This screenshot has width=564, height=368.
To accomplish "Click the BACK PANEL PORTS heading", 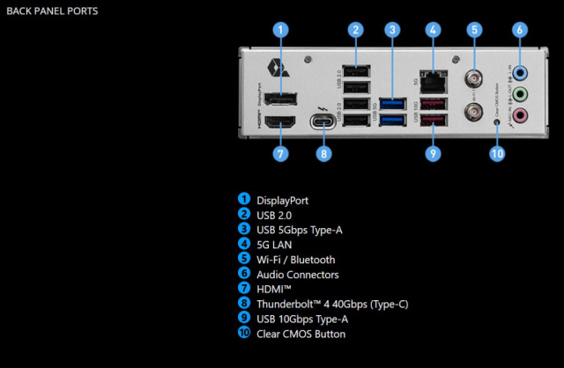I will point(52,11).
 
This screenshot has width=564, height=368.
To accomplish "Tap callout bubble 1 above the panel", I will point(280,29).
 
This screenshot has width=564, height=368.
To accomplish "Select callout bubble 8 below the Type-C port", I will point(324,154).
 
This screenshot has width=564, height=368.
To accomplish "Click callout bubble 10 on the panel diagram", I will point(497,154).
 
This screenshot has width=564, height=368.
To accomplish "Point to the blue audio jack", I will point(520,75).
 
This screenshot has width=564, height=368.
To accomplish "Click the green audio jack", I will point(520,94).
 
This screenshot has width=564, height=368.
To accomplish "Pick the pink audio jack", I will point(520,114).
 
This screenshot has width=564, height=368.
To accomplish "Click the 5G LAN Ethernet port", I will point(434,82).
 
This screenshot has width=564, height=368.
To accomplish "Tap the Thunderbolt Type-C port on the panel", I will point(323,121).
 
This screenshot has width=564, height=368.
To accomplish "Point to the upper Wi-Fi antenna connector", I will point(474,77).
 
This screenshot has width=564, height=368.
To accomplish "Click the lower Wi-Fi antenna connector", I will point(474,113).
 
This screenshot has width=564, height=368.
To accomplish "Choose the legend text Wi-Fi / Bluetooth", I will point(295,260).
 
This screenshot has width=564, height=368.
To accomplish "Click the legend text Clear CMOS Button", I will point(301,335).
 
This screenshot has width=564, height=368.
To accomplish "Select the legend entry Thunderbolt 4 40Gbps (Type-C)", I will point(331,305).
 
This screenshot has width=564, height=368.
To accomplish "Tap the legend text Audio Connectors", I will point(297,275).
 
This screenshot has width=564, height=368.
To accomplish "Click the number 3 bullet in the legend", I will point(243,230).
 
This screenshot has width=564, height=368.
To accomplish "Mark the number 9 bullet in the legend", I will point(243,320).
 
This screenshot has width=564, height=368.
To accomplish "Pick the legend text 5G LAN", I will point(276,245).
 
